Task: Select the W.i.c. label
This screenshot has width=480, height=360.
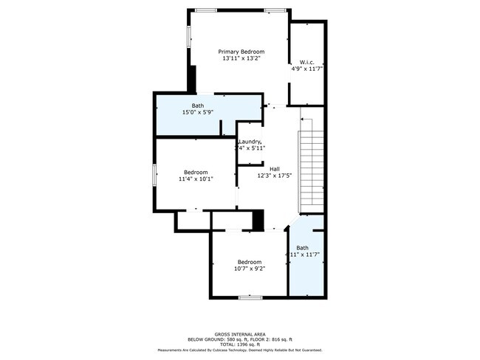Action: click(x=307, y=61)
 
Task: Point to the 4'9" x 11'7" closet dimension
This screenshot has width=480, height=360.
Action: click(x=307, y=69)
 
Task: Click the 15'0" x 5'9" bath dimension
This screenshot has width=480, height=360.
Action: click(x=198, y=112)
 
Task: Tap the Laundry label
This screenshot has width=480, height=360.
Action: click(x=250, y=141)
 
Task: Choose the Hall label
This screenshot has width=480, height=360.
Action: click(x=274, y=169)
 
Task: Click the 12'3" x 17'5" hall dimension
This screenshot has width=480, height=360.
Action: click(x=274, y=176)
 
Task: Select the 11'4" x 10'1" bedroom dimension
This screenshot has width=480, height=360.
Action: click(x=196, y=179)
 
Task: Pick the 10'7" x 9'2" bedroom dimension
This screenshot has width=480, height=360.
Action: click(x=250, y=269)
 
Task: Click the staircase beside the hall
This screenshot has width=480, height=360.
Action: click(x=311, y=170)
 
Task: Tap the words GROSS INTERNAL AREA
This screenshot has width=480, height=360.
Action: click(x=240, y=333)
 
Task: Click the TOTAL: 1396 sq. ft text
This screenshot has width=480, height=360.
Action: click(x=240, y=344)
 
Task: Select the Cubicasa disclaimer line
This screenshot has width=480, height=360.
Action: click(x=240, y=350)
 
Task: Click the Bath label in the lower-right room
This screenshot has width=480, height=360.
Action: click(x=303, y=247)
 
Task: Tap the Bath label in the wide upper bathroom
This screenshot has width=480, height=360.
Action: click(x=198, y=105)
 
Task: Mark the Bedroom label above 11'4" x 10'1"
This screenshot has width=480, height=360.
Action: click(x=196, y=172)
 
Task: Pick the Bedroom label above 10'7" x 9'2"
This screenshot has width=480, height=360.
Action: click(x=250, y=262)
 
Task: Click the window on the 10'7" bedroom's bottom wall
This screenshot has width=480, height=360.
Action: click(x=250, y=297)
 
